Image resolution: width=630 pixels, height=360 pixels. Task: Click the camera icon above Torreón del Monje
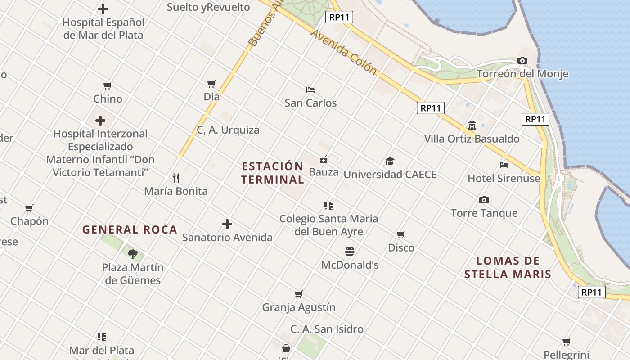coord(522,60)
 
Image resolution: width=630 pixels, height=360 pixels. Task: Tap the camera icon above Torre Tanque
coord(484,200)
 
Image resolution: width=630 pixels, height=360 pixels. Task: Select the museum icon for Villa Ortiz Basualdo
coord(472,125)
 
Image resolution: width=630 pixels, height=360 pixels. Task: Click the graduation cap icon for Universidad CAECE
coord(390,161)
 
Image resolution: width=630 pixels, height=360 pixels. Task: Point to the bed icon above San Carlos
coord(310,90)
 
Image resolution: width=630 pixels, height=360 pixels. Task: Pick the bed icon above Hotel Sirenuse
coord(504,165)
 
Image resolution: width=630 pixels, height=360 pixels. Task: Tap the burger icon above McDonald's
coord(350,251)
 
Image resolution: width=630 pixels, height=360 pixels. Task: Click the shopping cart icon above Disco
coord(400,234)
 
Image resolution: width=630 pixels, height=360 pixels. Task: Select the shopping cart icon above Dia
coord(211,83)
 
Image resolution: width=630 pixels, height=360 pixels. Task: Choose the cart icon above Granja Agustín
coord(298,294)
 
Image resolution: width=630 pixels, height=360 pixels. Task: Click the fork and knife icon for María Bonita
coord(176,178)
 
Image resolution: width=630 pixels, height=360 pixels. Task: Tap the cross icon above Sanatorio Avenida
coord(227,224)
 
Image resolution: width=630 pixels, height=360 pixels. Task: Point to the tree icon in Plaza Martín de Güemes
coord(132,254)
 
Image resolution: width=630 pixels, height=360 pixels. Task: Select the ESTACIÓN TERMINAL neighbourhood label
coord(273,173)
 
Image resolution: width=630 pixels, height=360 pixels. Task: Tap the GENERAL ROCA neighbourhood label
coord(130,230)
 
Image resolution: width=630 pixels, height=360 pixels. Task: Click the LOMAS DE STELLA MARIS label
coord(508,267)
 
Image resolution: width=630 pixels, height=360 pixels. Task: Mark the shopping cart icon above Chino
coord(107,85)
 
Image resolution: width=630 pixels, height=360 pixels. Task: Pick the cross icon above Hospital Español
coord(103,9)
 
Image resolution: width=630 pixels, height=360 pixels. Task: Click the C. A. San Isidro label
coord(327,329)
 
